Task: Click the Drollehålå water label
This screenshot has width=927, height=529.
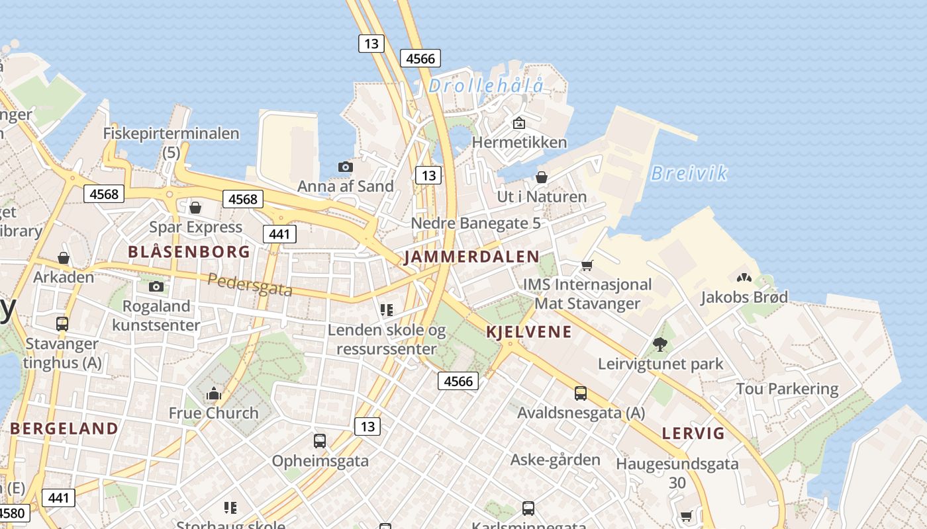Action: point(486,85)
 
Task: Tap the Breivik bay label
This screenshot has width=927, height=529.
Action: point(689,173)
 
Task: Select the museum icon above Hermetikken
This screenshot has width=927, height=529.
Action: point(519,123)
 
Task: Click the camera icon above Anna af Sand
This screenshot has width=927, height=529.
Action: point(345,167)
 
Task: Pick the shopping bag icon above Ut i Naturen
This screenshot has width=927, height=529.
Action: point(542,177)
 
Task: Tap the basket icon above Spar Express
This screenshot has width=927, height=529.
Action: point(195,208)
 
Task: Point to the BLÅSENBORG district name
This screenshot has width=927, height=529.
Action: point(189,252)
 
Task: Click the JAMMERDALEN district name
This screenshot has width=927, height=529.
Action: point(471,257)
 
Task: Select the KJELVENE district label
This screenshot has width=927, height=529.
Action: point(528,332)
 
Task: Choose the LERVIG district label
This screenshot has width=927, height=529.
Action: point(693,434)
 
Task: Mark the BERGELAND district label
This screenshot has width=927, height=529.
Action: point(64,428)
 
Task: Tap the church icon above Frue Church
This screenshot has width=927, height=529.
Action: point(213,393)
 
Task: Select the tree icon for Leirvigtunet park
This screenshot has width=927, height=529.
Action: point(659,344)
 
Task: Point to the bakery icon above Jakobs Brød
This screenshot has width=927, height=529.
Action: point(744,278)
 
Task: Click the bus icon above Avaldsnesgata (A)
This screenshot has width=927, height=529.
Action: point(581,393)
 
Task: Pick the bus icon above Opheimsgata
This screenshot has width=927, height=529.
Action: point(320,440)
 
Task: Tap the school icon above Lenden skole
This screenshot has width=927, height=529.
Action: point(387,309)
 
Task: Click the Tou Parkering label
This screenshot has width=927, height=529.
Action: point(787,389)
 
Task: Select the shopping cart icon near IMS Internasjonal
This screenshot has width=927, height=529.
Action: point(587,266)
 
